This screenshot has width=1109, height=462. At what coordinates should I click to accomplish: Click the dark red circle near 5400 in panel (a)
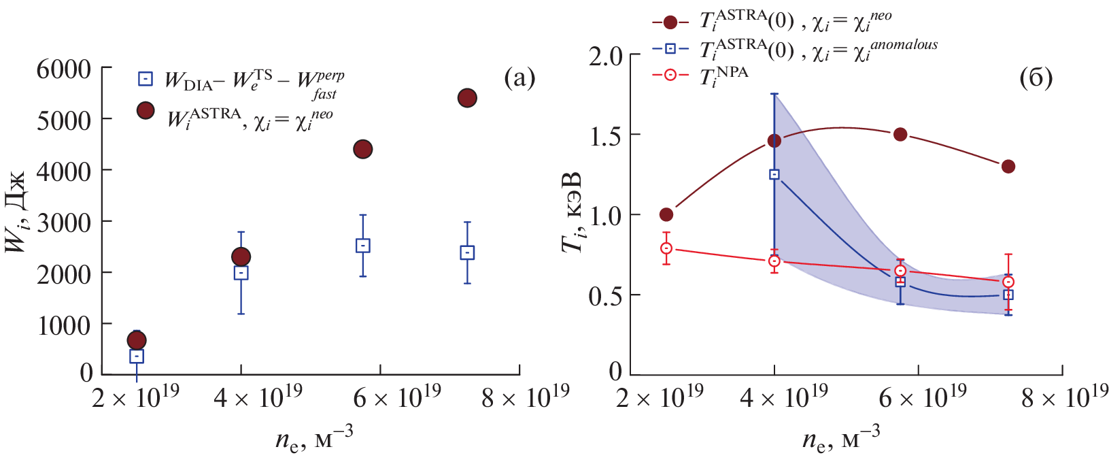pyautogui.click(x=467, y=98)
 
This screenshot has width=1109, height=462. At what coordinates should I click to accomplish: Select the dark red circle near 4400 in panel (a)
pyautogui.click(x=363, y=149)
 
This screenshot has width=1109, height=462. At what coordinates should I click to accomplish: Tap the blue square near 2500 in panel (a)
pyautogui.click(x=363, y=246)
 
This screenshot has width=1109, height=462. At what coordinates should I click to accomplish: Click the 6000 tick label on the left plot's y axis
pyautogui.click(x=63, y=69)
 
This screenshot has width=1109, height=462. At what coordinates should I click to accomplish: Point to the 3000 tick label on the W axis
pyautogui.click(x=63, y=222)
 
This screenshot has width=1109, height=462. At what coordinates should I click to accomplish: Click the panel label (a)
pyautogui.click(x=519, y=78)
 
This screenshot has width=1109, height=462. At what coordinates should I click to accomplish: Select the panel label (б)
pyautogui.click(x=1036, y=78)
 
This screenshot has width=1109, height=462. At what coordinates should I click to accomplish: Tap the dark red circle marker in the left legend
pyautogui.click(x=145, y=111)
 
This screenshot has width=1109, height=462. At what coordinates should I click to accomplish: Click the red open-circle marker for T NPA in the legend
pyautogui.click(x=670, y=75)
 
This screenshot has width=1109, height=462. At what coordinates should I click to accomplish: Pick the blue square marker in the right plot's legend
pyautogui.click(x=670, y=49)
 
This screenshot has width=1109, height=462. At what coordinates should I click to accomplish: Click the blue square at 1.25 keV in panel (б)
pyautogui.click(x=774, y=174)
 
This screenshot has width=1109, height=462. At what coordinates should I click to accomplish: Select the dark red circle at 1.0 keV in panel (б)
pyautogui.click(x=666, y=214)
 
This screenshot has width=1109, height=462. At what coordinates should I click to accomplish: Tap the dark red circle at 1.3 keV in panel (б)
pyautogui.click(x=1008, y=167)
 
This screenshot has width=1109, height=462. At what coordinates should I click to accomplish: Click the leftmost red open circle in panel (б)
pyautogui.click(x=666, y=249)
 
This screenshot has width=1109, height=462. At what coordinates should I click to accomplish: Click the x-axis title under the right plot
pyautogui.click(x=841, y=439)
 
